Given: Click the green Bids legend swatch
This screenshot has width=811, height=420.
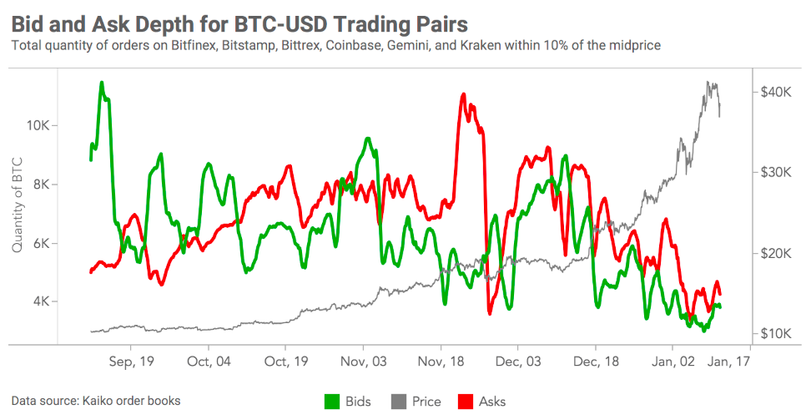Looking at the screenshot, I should pyautogui.click(x=333, y=402).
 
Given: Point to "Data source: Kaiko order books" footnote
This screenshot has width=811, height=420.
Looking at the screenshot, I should pyautogui.click(x=96, y=401).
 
